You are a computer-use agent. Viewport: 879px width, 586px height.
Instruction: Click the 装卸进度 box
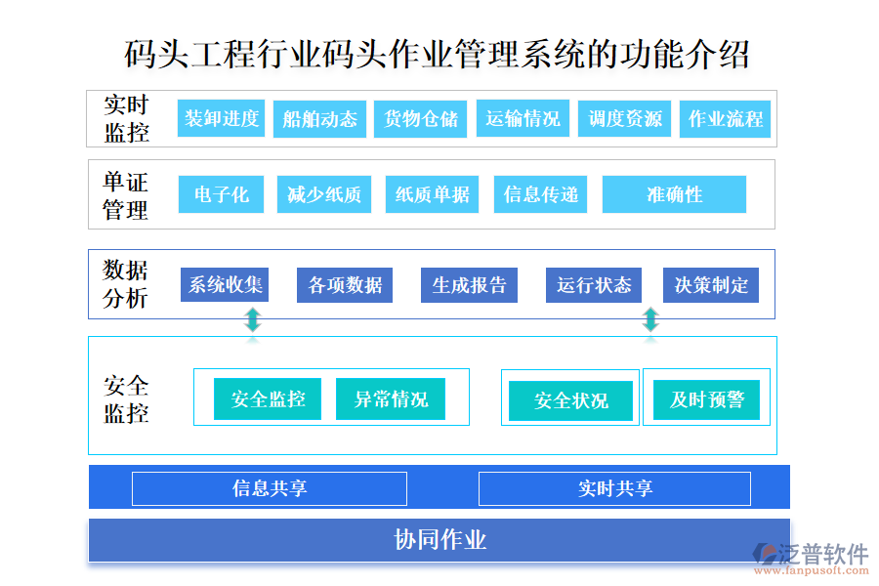pos(222,119)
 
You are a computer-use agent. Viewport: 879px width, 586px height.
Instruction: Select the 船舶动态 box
pos(319,119)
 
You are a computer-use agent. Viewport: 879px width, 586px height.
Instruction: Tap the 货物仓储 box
pos(420,119)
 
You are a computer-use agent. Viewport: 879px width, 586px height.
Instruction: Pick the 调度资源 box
pos(625,119)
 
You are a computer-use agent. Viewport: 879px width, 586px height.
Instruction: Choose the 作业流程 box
pos(726,119)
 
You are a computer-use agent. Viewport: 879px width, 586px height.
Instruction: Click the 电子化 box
pos(222,194)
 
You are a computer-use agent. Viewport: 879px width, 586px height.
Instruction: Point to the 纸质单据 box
pos(432,194)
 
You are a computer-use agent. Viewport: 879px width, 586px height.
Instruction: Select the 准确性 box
pos(674,194)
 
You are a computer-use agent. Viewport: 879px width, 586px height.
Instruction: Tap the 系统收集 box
pos(225,285)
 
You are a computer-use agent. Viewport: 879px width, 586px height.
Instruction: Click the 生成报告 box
pos(469,285)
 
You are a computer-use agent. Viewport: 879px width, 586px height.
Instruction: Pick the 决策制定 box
pos(711,285)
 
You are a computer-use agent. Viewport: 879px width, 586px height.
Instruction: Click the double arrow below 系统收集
pos(253,320)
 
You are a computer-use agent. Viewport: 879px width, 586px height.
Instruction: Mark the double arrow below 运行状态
pos(650,320)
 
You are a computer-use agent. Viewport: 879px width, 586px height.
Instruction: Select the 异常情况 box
pos(391,398)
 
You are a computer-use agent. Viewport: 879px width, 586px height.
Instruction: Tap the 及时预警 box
pos(707,399)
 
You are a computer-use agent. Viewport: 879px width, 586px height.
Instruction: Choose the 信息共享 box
pos(270,488)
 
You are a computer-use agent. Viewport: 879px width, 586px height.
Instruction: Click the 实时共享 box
pos(614,488)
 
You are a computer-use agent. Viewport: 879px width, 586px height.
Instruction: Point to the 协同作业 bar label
pos(439,540)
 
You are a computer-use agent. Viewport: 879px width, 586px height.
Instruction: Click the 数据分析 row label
pos(126,284)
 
